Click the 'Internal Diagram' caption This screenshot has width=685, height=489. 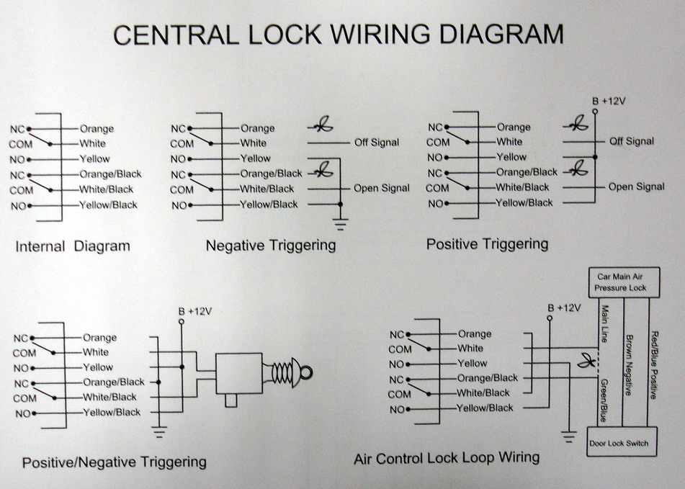(x=73, y=246)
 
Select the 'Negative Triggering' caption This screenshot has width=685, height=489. (x=271, y=246)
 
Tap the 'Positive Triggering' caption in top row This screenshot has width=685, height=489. (x=487, y=244)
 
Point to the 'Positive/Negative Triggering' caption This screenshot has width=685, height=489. (x=115, y=462)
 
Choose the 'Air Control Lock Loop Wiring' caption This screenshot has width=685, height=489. (x=447, y=458)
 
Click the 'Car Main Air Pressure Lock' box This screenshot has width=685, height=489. (x=620, y=282)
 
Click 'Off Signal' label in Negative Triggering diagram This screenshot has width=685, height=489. (x=377, y=143)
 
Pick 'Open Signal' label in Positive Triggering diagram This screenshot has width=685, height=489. (x=636, y=187)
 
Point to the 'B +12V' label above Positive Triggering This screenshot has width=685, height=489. (x=608, y=101)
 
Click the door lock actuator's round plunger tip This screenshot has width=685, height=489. (x=305, y=372)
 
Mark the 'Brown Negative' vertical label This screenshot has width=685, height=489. (x=628, y=364)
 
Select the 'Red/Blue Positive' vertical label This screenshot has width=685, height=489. (x=654, y=364)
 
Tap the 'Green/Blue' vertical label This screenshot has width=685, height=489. (x=603, y=400)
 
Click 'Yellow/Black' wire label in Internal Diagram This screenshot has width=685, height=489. (x=109, y=205)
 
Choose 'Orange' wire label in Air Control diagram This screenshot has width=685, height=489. (x=475, y=334)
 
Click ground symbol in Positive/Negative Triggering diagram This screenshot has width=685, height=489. (x=159, y=432)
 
